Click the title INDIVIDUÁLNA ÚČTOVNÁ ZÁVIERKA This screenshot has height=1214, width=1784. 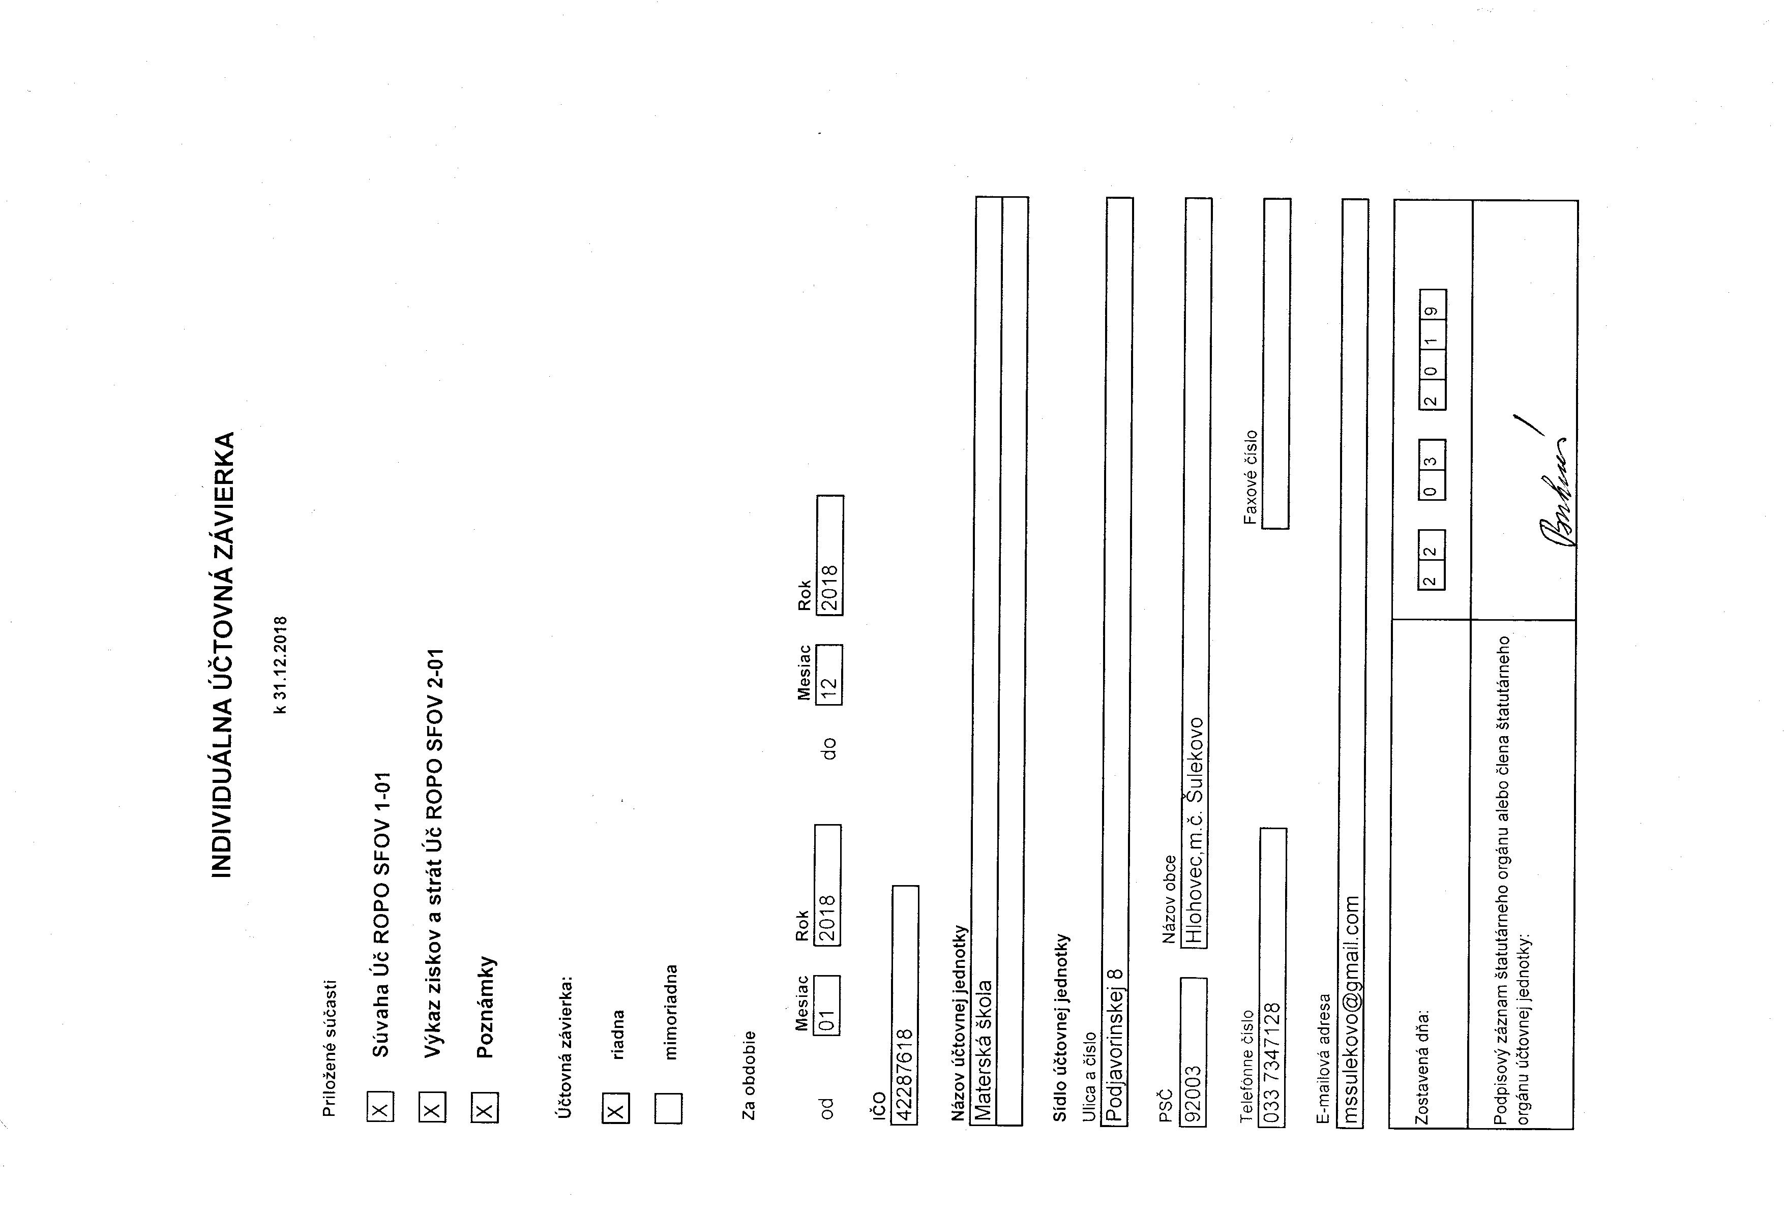pos(222,655)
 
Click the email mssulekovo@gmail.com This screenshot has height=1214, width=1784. pos(1352,1009)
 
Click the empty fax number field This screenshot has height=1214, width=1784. pos(1276,363)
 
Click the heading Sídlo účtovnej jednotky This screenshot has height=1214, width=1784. pos(1060,1028)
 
